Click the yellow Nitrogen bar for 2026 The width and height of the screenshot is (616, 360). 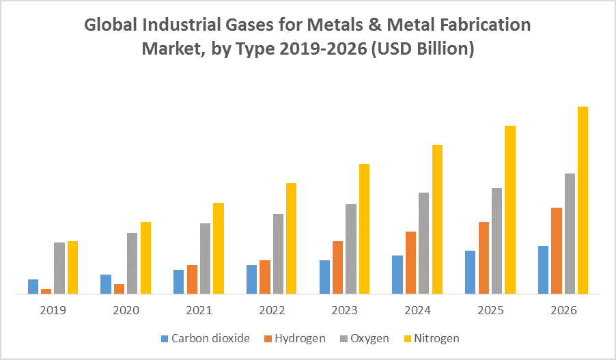pyautogui.click(x=583, y=200)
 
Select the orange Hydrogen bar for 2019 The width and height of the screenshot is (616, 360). pyautogui.click(x=46, y=291)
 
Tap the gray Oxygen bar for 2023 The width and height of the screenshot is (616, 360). pyautogui.click(x=351, y=249)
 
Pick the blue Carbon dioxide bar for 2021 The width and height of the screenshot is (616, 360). pyautogui.click(x=178, y=281)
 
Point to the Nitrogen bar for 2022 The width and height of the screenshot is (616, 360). pyautogui.click(x=291, y=238)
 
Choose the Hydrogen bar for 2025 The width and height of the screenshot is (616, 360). pyautogui.click(x=484, y=258)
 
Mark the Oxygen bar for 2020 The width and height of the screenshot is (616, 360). pyautogui.click(x=132, y=263)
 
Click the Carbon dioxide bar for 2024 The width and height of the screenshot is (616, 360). pyautogui.click(x=397, y=275)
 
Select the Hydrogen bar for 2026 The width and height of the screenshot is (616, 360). pyautogui.click(x=557, y=251)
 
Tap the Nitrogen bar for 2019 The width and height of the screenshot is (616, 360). pyautogui.click(x=72, y=267)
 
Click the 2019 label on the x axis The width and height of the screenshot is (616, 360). pyautogui.click(x=53, y=310)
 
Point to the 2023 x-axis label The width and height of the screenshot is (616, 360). pyautogui.click(x=345, y=310)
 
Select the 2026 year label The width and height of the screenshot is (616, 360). pyautogui.click(x=563, y=310)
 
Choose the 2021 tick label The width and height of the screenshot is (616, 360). pyautogui.click(x=199, y=310)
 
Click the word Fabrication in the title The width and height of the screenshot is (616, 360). pyautogui.click(x=484, y=25)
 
